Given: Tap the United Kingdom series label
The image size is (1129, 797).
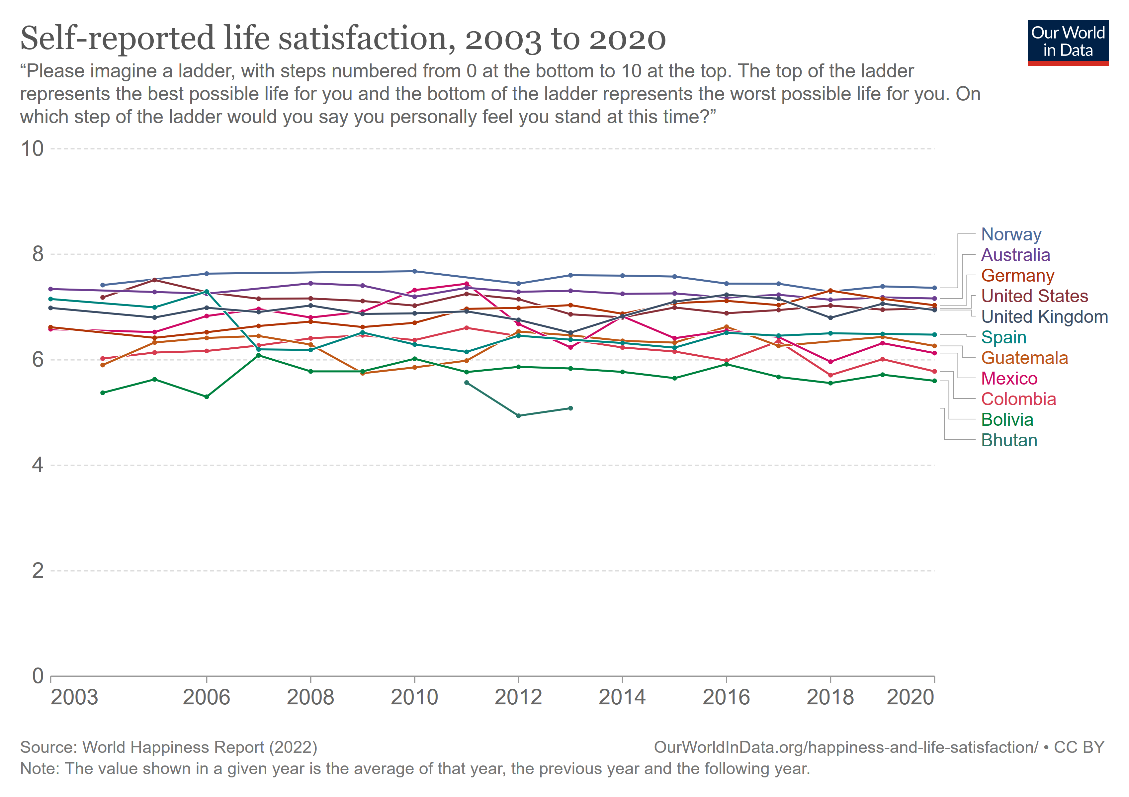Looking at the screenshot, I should point(1044,316).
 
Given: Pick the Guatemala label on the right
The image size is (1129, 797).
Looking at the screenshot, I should point(1024,358).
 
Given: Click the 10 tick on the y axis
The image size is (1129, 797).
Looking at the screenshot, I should point(33,148).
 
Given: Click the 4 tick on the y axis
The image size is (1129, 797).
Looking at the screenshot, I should point(38,465).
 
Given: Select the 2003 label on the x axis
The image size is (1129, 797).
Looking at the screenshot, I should point(74,697).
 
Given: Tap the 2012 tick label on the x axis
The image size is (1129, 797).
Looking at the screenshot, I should point(518,697).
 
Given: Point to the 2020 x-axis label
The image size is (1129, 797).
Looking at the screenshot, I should point(910,697).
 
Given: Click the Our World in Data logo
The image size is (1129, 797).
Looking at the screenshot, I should point(1068,42).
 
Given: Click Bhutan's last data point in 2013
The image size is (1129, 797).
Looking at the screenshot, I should point(570,408).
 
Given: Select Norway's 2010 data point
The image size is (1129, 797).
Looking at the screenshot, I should point(414,271).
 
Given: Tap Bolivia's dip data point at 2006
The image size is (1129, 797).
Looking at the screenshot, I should point(207,397).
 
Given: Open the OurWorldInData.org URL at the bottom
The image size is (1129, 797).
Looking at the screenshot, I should point(846,747).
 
